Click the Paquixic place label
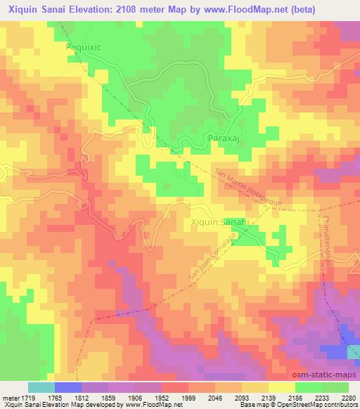84,46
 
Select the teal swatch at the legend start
41,387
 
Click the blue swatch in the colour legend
67,387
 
